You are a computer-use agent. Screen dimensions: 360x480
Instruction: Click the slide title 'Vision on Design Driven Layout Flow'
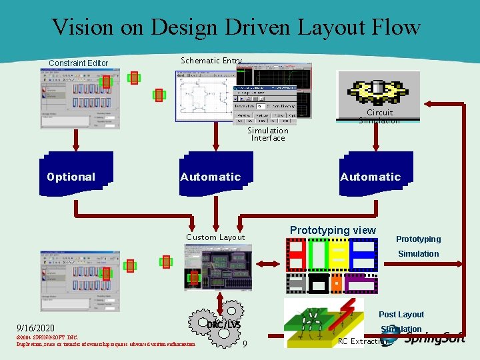click(236, 27)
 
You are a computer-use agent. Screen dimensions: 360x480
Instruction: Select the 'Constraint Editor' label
click(78, 63)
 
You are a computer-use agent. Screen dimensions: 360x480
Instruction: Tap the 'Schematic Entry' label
click(211, 61)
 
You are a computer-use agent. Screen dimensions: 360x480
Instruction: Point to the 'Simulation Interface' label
click(268, 134)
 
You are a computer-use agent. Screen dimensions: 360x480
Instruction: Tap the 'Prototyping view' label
click(333, 230)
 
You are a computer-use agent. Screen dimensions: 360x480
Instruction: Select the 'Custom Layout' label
click(215, 237)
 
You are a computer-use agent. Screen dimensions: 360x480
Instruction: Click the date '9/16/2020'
click(35, 329)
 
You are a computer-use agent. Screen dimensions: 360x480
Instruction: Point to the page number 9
click(245, 344)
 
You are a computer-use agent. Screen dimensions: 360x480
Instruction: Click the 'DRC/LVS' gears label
click(223, 324)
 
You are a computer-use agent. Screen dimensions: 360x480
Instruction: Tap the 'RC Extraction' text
click(363, 341)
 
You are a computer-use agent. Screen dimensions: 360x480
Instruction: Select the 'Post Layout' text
click(401, 315)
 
